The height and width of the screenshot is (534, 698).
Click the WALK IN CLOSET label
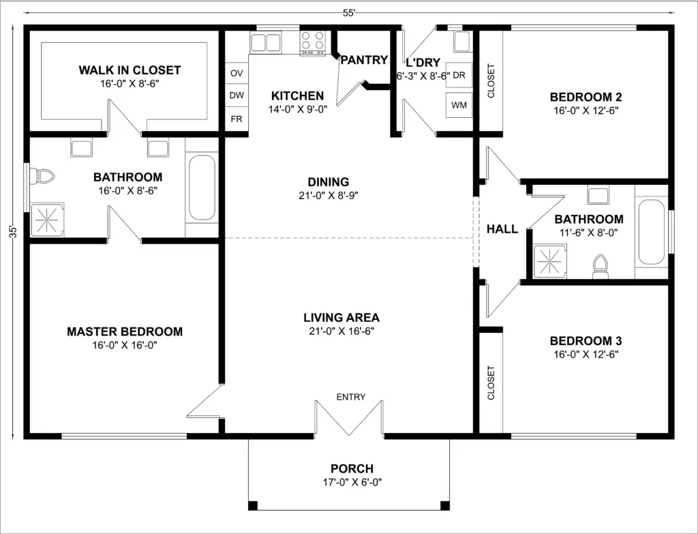[x=130, y=70]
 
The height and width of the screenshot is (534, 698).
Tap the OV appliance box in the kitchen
[x=237, y=73]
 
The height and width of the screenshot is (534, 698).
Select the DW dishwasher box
[x=237, y=95]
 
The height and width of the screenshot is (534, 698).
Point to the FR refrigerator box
[x=237, y=119]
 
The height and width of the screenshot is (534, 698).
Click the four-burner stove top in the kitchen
[x=313, y=43]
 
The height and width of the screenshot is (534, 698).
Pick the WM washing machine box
[x=459, y=105]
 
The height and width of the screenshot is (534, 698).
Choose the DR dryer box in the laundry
[x=459, y=75]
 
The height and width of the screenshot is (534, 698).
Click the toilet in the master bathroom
[x=42, y=177]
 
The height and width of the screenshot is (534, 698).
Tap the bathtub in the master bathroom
[x=202, y=187]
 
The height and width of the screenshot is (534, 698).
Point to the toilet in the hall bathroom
[x=600, y=267]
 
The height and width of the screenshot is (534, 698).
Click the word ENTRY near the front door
[x=351, y=397]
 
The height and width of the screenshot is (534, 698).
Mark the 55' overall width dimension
[x=349, y=13]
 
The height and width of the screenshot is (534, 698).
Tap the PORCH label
[x=352, y=469]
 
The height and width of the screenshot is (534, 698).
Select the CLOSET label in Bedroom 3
[x=491, y=383]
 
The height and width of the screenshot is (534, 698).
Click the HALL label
[x=502, y=229]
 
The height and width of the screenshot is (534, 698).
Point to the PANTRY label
[x=364, y=60]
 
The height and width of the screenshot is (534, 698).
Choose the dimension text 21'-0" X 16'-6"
[x=342, y=331]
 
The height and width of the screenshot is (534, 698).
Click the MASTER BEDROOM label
[x=125, y=331]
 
